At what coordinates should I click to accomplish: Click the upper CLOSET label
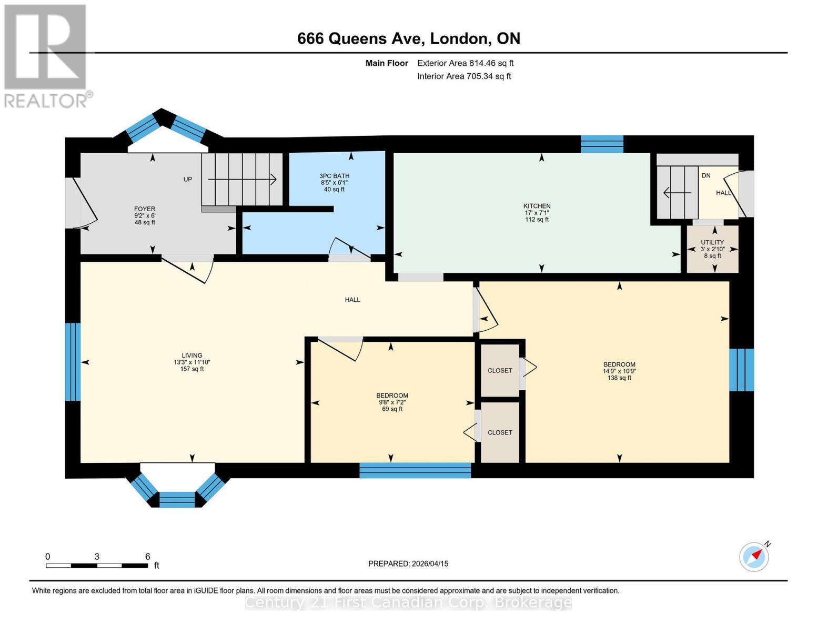500,370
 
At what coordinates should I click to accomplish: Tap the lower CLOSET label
500,432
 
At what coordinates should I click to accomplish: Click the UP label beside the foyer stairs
188,179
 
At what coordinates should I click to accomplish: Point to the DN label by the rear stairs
706,175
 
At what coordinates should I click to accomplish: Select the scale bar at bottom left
97,565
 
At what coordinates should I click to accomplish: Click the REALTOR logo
46,55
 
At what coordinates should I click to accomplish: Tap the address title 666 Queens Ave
409,38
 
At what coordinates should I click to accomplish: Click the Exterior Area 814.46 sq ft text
465,63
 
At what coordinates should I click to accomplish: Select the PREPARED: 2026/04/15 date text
408,564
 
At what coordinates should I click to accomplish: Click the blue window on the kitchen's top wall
602,144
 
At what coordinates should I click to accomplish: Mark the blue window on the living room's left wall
73,361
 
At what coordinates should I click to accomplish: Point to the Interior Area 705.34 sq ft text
464,76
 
